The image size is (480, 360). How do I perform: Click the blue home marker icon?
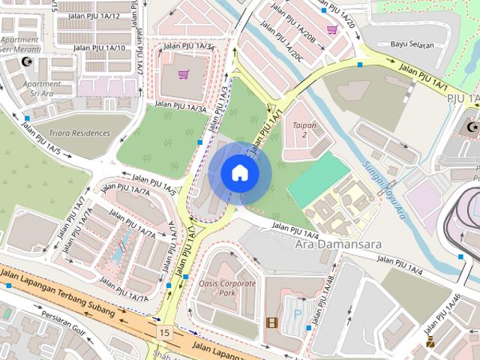tap(239, 173)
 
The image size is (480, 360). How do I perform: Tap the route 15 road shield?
tap(163, 331)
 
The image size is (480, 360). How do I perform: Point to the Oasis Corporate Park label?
tap(228, 288)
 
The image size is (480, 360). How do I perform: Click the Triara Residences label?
tap(79, 133)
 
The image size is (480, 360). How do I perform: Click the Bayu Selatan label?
tap(412, 45)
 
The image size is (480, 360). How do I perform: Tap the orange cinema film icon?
tap(271, 323)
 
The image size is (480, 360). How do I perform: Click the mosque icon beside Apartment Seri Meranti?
tap(28, 61)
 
